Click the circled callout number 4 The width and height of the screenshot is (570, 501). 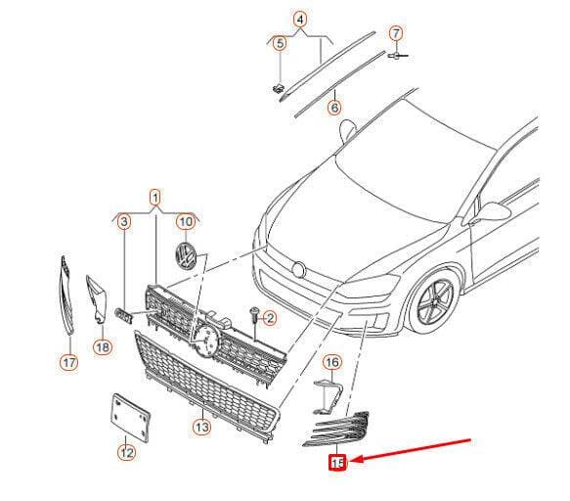coord(300,20)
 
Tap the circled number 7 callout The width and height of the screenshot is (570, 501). coord(396,34)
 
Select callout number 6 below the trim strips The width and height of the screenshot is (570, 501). coord(334,108)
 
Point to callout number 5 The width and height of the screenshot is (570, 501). coord(280,43)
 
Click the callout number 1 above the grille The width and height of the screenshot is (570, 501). coord(155,199)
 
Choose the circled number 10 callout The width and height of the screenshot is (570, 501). coord(186,221)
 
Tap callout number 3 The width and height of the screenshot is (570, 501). coord(124,221)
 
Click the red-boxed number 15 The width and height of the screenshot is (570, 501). coord(337,463)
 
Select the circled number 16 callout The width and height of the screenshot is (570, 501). coord(332,362)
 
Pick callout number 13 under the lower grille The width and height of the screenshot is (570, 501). coord(201,427)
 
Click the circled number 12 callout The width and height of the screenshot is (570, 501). coord(126,453)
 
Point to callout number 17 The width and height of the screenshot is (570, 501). coord(69,362)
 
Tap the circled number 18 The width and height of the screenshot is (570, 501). coord(103,347)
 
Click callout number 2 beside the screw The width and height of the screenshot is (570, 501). coord(270,319)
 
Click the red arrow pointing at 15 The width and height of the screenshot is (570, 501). coord(412,451)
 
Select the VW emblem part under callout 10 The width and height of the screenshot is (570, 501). coord(186,255)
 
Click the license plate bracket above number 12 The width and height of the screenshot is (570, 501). coord(130,418)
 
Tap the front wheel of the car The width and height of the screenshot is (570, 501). coord(434,299)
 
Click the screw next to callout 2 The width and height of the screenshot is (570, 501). coord(254,315)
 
